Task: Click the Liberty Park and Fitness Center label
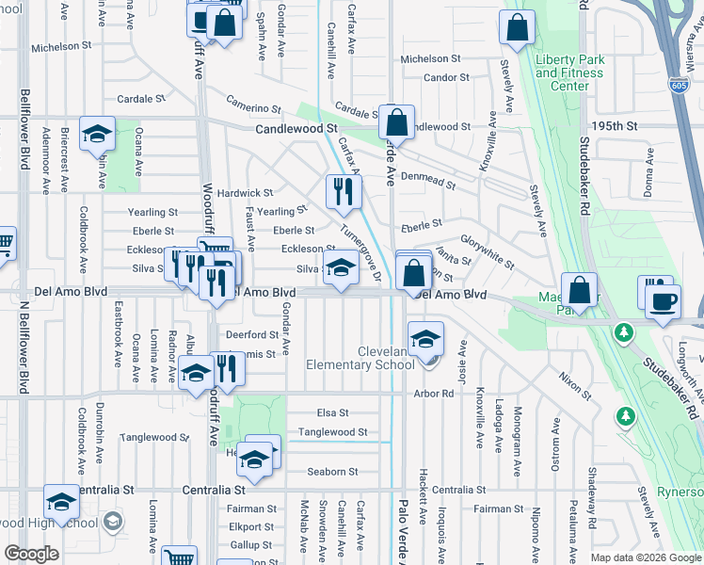pos(568,73)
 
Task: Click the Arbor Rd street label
pos(433,394)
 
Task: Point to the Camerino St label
pos(253,108)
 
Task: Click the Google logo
pos(32,554)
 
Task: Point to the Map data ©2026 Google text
pos(645,557)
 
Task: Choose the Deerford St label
pos(251,334)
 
